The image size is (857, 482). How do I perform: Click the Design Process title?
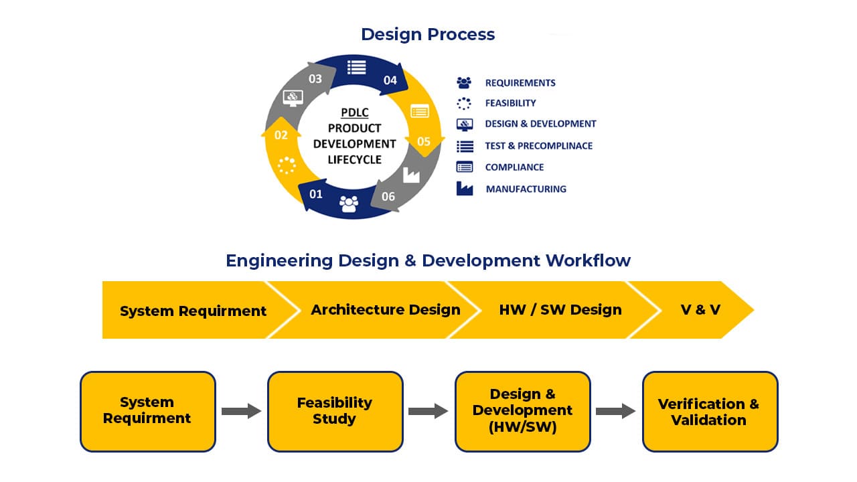428,34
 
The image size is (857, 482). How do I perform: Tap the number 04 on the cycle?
390,80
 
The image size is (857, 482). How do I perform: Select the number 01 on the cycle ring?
316,194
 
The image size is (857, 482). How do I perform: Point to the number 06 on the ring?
388,196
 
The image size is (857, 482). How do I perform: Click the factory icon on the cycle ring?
410,175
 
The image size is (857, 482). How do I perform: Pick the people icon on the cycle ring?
349,203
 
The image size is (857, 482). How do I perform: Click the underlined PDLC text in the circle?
354,112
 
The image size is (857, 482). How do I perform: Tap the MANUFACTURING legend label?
526,189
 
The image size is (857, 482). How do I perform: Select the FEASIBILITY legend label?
510,103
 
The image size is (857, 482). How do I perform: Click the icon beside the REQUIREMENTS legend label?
464,82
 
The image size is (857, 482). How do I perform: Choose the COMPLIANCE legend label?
514,167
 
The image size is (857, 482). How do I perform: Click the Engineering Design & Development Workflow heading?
428,260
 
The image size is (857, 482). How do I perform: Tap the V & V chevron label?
700,310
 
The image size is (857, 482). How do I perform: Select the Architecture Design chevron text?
386,309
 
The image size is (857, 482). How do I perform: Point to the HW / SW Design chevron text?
560,309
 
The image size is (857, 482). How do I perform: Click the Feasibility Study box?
335,411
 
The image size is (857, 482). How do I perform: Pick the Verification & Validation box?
710,412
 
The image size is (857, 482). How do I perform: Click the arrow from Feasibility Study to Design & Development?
428,411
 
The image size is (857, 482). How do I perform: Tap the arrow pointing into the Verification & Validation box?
615,411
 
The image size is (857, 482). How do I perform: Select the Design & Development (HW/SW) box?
522,411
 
